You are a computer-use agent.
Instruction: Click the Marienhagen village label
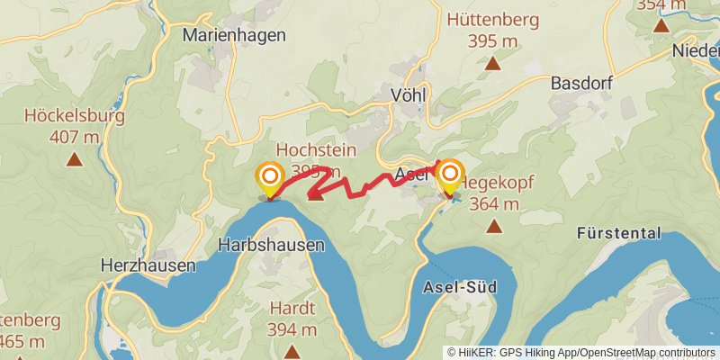click(234, 35)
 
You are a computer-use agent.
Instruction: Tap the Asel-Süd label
click(459, 287)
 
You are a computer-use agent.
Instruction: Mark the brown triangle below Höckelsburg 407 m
click(74, 160)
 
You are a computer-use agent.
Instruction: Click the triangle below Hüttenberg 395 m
click(493, 63)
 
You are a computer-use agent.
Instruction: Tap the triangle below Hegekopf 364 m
click(494, 225)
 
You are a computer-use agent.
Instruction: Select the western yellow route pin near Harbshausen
click(269, 178)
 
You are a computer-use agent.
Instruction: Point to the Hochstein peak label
click(316, 149)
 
